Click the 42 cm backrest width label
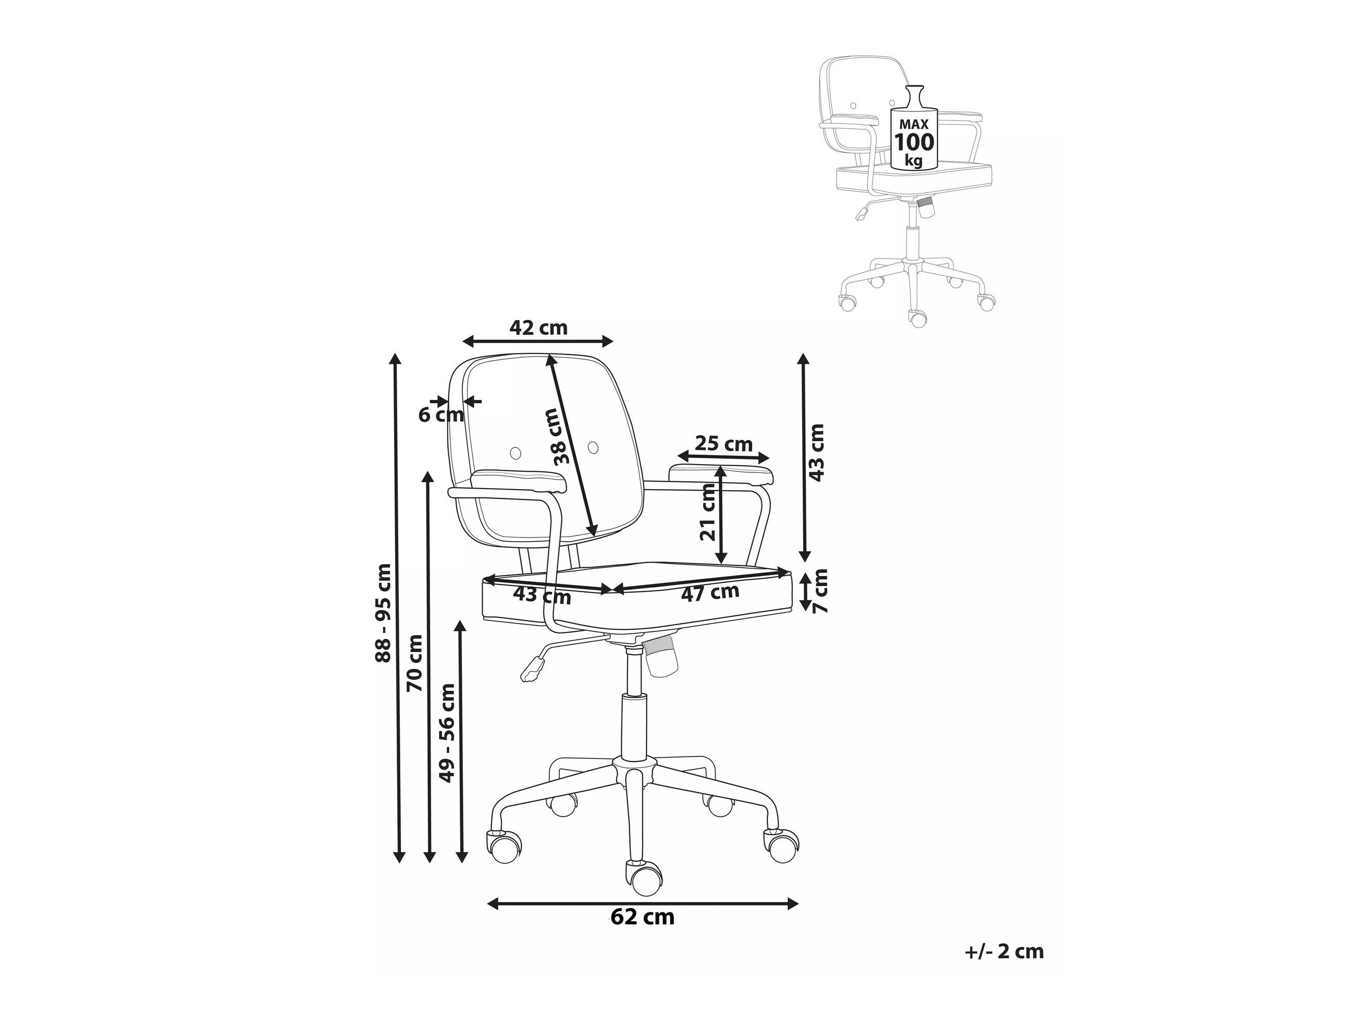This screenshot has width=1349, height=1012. [538, 328]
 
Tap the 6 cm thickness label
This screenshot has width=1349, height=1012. [442, 415]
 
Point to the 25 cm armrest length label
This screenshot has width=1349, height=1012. [724, 444]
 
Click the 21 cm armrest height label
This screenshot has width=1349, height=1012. [708, 512]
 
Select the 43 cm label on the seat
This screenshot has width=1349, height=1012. [542, 594]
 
